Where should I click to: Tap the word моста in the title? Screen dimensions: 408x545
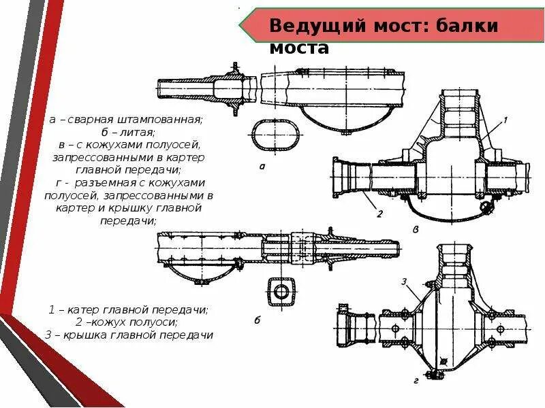(299, 48)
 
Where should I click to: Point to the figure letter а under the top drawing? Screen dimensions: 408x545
(262, 165)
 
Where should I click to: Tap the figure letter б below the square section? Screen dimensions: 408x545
(257, 319)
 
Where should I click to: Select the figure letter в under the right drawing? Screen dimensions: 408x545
(416, 230)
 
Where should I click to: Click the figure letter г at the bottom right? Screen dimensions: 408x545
(416, 381)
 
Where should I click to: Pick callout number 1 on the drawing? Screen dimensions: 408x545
(505, 120)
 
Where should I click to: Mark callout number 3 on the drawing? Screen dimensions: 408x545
(404, 281)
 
